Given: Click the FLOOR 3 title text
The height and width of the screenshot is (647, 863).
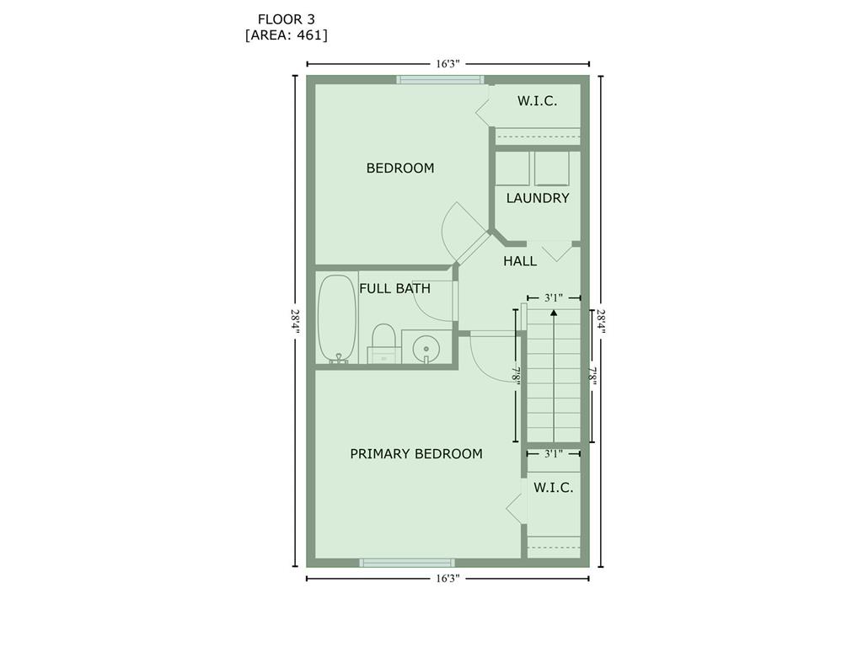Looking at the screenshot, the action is pos(287,19).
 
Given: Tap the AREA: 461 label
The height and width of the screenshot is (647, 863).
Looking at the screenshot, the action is pos(287,35).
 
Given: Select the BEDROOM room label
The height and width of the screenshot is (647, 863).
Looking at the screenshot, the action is pos(400,168).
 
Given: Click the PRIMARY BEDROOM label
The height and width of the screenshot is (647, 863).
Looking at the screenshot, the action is pos(416,454).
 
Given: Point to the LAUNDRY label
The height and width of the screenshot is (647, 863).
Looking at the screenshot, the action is pos(538,198).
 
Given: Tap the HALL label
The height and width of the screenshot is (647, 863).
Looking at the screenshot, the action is pos(520,261).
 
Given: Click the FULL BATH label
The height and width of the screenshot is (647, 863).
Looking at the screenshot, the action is pos(394,288).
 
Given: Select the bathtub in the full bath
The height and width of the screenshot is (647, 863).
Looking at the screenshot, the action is pos(337,319).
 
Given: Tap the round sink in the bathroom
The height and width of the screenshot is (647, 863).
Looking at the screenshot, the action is pos(426,349).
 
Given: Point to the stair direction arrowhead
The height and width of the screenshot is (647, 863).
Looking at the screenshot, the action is pos(554,313).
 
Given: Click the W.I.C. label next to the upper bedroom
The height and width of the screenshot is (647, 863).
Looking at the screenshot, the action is pos(537,101).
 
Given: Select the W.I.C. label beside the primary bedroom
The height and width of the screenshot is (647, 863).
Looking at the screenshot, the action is pos(553,488).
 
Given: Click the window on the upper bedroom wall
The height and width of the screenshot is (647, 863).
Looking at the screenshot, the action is pos(440,80).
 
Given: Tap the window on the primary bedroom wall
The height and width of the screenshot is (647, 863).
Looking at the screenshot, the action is pos(407,563).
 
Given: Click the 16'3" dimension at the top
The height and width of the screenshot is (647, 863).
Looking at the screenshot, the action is pos(448,64).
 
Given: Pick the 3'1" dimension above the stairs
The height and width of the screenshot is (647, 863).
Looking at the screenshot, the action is pos(554,297).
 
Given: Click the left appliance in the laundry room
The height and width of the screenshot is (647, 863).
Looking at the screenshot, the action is pos(512,168).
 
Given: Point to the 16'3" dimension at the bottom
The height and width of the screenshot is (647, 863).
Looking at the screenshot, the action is pos(448,578).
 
